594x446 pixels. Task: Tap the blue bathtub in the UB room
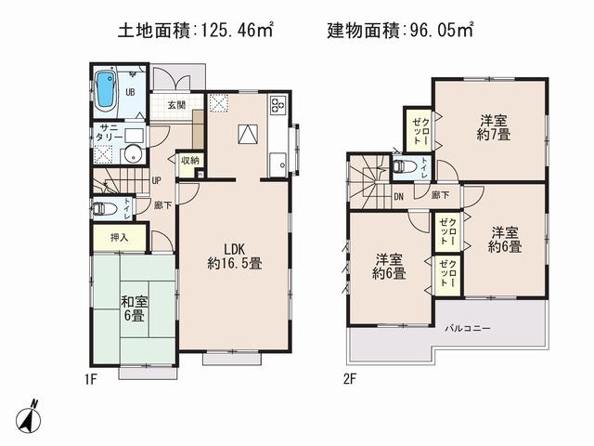(x=105, y=90)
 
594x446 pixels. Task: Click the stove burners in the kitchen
(x=278, y=105)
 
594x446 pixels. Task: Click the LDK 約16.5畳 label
(x=234, y=256)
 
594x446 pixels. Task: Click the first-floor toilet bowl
(x=102, y=208)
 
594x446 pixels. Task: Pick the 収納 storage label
(x=189, y=161)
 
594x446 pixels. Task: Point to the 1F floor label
(x=90, y=377)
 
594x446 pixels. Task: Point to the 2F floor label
(x=349, y=377)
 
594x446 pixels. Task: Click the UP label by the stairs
(x=156, y=180)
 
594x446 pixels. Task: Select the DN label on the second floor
(x=398, y=196)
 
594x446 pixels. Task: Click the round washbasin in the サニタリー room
(x=133, y=154)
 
